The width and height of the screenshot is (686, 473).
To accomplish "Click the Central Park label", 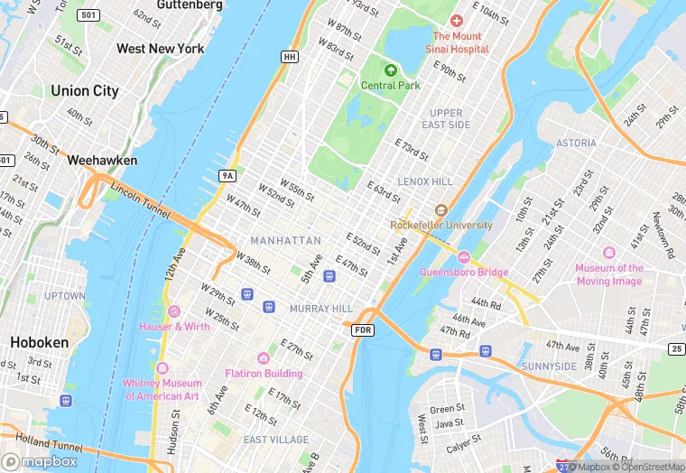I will coord(391,86).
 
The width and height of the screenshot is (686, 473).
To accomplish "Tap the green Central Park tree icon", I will coord(391,70).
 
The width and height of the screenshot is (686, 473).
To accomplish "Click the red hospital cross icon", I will coord(457,20).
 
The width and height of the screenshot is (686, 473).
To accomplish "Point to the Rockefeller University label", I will coord(441,225).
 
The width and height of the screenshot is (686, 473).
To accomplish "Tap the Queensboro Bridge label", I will coord(464,272).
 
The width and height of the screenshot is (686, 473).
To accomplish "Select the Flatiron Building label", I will coord(264,373).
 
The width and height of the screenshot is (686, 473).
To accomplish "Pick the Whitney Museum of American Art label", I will coord(161,389).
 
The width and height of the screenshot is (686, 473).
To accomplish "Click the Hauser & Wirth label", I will coord(173,326).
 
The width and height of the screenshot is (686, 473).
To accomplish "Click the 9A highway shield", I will coord(227,175).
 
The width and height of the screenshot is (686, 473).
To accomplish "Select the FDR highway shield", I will coord(363,330).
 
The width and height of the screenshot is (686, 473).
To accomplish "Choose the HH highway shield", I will coord(289,57).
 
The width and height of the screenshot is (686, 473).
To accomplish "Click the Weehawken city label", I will coord(102,160).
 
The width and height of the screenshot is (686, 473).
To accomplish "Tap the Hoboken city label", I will coord(39,342).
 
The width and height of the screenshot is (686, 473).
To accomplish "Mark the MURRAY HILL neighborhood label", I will coord(320,309).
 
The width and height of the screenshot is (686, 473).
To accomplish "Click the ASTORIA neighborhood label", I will coord(576,143).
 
